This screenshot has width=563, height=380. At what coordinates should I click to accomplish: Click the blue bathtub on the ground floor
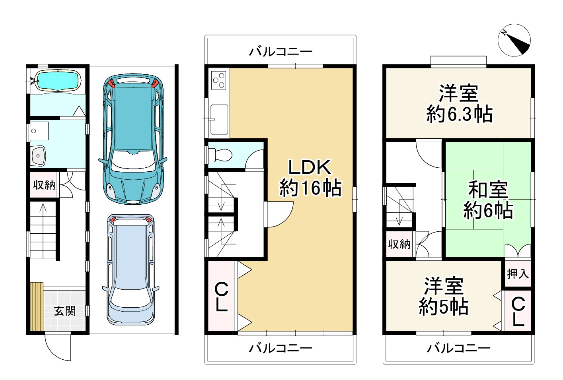58,80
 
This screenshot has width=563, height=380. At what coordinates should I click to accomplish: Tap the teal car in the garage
133,139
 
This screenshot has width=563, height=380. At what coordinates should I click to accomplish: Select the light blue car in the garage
131,270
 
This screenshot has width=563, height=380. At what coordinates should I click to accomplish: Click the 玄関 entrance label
65,312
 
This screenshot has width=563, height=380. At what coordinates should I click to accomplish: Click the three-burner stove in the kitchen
218,80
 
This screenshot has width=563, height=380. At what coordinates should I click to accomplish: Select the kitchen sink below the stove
219,120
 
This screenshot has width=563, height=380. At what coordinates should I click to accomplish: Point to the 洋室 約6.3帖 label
459,104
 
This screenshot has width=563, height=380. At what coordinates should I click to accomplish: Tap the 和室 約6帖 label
488,200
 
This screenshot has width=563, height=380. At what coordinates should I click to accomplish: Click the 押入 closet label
518,273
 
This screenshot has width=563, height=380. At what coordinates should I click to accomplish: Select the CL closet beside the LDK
222,297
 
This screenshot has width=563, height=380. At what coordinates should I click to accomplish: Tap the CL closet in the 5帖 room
518,311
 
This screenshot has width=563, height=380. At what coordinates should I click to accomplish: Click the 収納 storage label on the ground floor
44,185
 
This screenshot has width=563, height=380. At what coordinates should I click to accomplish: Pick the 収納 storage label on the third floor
399,244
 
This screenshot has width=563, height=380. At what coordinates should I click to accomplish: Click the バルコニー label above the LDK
281,52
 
